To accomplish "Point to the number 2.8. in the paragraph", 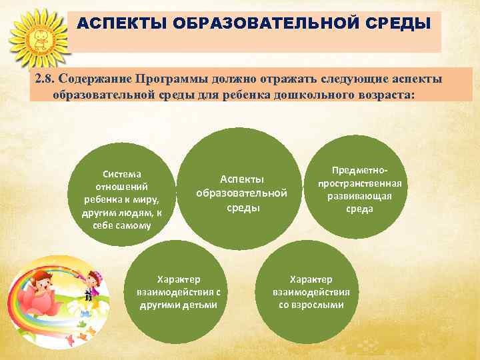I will [47, 79].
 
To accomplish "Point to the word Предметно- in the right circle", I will [359, 171].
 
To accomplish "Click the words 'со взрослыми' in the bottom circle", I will [311, 305].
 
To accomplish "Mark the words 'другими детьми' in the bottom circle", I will [178, 305].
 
